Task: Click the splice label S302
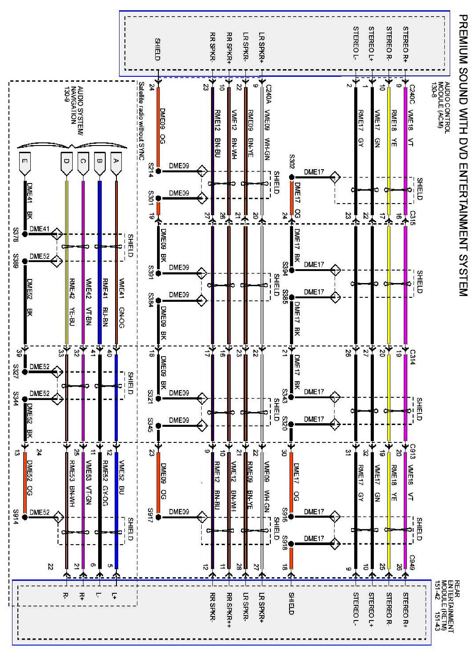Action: pyautogui.click(x=292, y=161)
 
